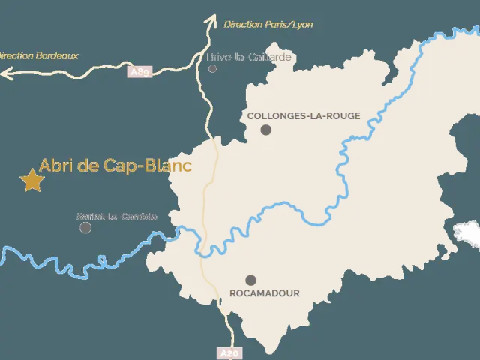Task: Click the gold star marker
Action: click(x=31, y=180)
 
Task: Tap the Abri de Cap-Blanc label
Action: click(x=115, y=166)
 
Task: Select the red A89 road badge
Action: click(x=139, y=72)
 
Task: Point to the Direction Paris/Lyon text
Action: click(x=268, y=25)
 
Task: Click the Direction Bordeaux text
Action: click(x=37, y=55)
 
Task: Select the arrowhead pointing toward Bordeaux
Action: click(x=6, y=73)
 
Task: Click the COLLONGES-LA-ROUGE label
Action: click(x=304, y=116)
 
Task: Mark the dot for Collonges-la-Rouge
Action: click(x=265, y=130)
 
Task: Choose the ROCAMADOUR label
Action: click(x=265, y=293)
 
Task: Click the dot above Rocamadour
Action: click(x=250, y=280)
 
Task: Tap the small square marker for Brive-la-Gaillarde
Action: click(x=212, y=68)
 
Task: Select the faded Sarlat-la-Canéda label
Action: click(x=117, y=217)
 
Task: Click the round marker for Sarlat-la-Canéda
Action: click(x=85, y=227)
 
